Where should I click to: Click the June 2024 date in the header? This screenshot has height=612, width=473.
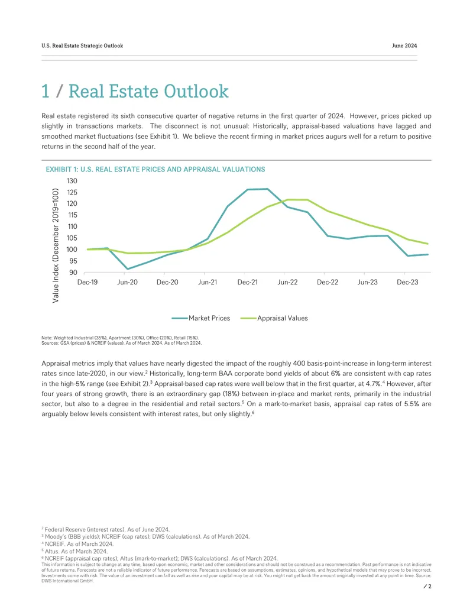point(404,46)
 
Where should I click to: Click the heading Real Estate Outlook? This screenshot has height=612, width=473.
point(148,91)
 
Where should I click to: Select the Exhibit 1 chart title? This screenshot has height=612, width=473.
point(155,169)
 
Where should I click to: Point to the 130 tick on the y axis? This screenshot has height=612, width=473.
point(72,181)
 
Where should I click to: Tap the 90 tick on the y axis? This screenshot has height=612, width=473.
point(73,273)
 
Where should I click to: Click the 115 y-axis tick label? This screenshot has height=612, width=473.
point(72,215)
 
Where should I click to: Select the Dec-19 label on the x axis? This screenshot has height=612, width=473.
point(88,282)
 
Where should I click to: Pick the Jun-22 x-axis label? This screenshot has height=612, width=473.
point(287,282)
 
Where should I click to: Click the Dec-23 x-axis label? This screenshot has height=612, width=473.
point(407,282)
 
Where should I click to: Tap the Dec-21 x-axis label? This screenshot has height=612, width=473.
point(247,282)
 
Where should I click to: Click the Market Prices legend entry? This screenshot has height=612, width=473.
point(201,318)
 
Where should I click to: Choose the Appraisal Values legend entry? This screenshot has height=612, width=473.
point(274,318)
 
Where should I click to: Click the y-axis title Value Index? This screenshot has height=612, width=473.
point(56,245)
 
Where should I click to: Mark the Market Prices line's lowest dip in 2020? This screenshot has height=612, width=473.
point(128,269)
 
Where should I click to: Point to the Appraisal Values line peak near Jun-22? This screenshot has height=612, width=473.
point(297,200)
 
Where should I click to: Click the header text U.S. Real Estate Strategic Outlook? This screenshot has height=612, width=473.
point(82,46)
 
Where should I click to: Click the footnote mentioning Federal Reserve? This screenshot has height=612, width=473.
point(106,530)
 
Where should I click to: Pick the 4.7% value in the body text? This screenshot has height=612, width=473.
point(373,384)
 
